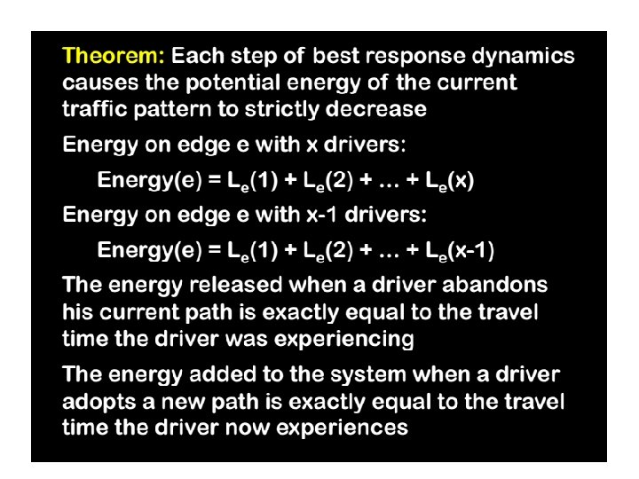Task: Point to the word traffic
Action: [x=94, y=110]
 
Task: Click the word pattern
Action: [x=179, y=110]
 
